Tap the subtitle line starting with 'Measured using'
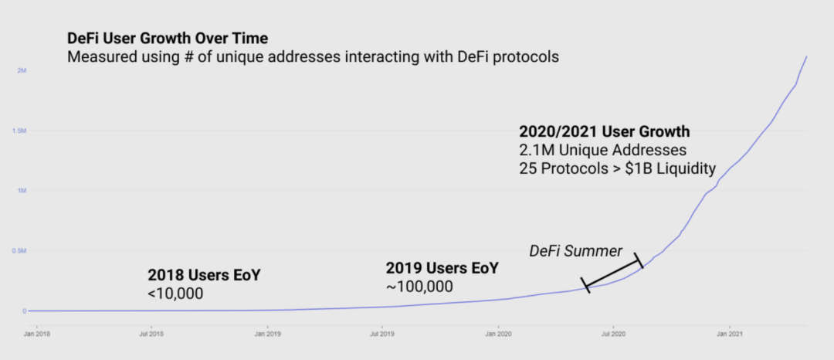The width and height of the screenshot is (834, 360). point(312,57)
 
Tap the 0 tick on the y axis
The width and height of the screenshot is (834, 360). point(25,311)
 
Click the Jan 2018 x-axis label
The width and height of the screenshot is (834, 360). point(36,335)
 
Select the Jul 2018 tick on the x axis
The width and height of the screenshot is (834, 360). point(151,335)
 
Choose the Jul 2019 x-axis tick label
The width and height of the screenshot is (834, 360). point(382,335)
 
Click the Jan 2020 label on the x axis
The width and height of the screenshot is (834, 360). point(499,335)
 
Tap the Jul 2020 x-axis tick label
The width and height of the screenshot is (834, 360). point(614,335)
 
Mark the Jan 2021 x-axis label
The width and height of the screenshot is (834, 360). point(731,335)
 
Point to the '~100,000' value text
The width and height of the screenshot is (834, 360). point(419,287)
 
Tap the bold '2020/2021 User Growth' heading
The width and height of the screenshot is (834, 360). point(605,131)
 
